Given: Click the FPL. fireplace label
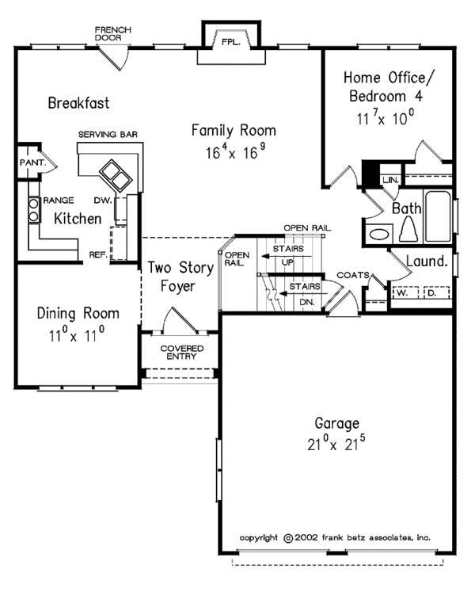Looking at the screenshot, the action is point(231,42).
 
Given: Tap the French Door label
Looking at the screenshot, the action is point(112,33).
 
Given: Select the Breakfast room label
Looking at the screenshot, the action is point(78,103).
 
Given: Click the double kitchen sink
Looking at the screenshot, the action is point(116,176).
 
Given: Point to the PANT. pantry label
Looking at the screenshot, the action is point(32,162).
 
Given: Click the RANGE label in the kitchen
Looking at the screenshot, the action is point(59,200).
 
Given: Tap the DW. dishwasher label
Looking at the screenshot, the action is point(103,201).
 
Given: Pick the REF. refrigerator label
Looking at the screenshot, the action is point(98,255).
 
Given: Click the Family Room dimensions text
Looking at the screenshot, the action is point(235,151).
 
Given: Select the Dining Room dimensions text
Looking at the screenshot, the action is point(77,334).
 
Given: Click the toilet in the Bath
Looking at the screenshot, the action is point(408,229).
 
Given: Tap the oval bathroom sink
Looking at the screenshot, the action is point(379,235).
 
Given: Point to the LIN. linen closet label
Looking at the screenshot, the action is point(390,180).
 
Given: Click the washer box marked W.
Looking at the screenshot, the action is point(405,292).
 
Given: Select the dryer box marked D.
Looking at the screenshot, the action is point(437,292).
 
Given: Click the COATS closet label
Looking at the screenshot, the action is point(353,275).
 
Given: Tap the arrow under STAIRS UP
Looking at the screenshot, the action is point(287,256).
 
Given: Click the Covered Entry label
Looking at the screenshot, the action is point(181,352).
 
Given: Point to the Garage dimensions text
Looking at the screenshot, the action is point(336,443).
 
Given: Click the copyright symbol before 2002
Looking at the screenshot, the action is point(288,538).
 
